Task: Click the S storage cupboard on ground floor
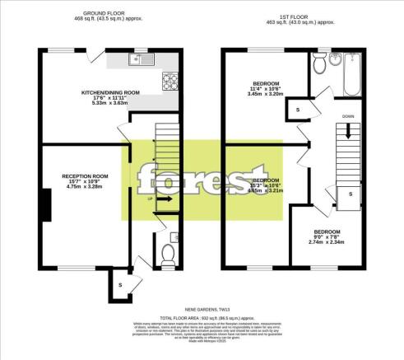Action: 121,284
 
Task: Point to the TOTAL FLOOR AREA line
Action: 202,316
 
